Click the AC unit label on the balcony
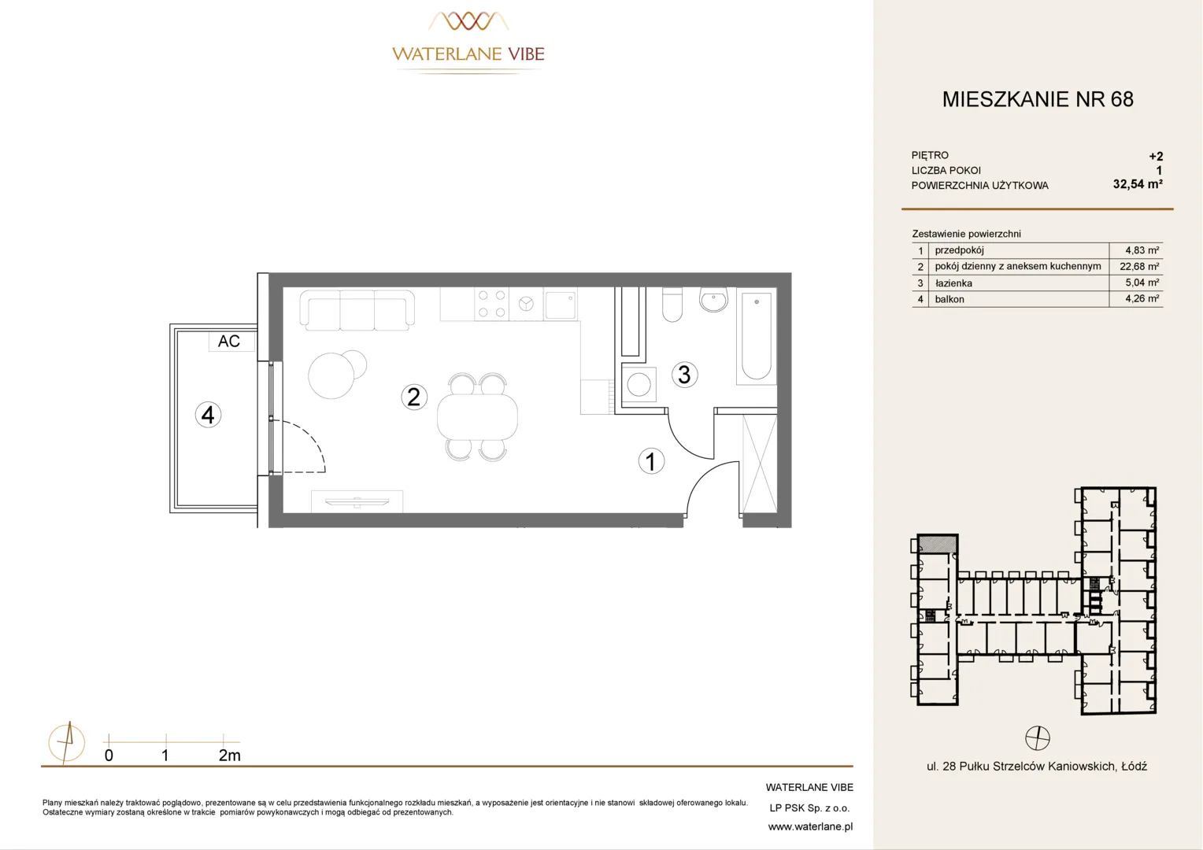point(229,341)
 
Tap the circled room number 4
point(208,415)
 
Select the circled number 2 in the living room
point(414,397)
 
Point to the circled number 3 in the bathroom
point(685,375)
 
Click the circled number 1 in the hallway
point(651,461)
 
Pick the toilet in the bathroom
point(672,305)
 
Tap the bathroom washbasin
point(713,300)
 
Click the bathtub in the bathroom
point(756,336)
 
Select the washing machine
point(639,384)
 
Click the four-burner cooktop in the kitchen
point(491,304)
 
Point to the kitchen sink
point(561,305)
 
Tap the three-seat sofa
point(357,310)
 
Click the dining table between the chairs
point(477,416)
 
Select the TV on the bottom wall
point(357,502)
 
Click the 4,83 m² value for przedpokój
point(1142,250)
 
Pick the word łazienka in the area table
point(953,283)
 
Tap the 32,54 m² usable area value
point(1138,184)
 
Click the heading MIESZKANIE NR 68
point(1038,99)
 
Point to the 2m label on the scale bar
point(229,756)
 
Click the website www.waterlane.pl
point(810,827)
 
